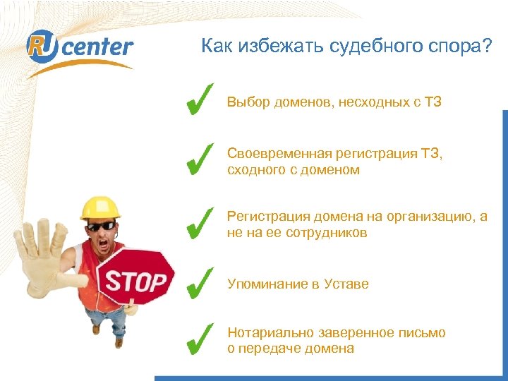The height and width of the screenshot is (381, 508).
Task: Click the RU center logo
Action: pos(79,48)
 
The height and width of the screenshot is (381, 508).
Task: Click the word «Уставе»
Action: pos(346,284)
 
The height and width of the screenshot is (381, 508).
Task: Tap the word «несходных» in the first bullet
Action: pos(372,102)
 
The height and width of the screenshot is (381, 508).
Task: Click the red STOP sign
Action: pos(135,280)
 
